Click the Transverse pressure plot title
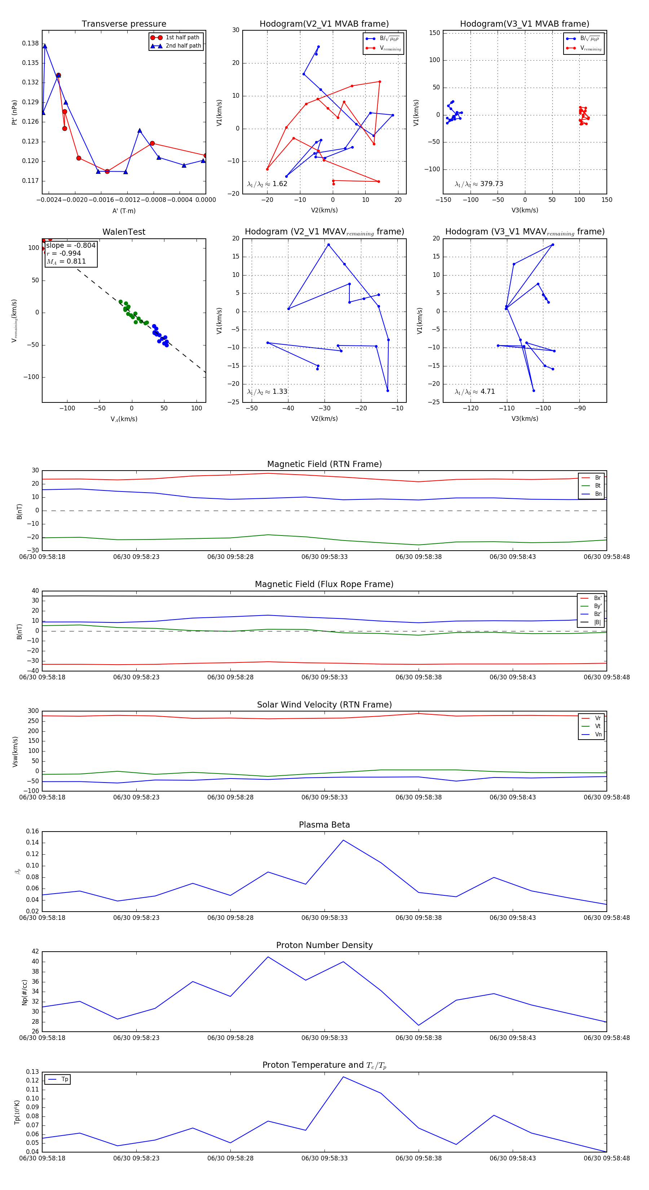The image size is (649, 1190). [x=124, y=24]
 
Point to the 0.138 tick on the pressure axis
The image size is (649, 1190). [x=31, y=43]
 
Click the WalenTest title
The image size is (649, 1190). [x=124, y=232]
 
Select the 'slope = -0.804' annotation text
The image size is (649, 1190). [x=71, y=245]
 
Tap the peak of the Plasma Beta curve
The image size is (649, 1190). [x=343, y=840]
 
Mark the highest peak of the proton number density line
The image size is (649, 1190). [x=268, y=957]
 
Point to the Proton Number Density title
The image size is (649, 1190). [x=324, y=945]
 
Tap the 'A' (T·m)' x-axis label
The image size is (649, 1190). [x=124, y=211]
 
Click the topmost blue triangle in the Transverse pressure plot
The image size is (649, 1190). [x=45, y=46]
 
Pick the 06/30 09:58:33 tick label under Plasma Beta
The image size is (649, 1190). [x=324, y=918]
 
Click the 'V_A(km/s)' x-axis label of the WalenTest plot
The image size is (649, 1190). [x=124, y=419]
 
